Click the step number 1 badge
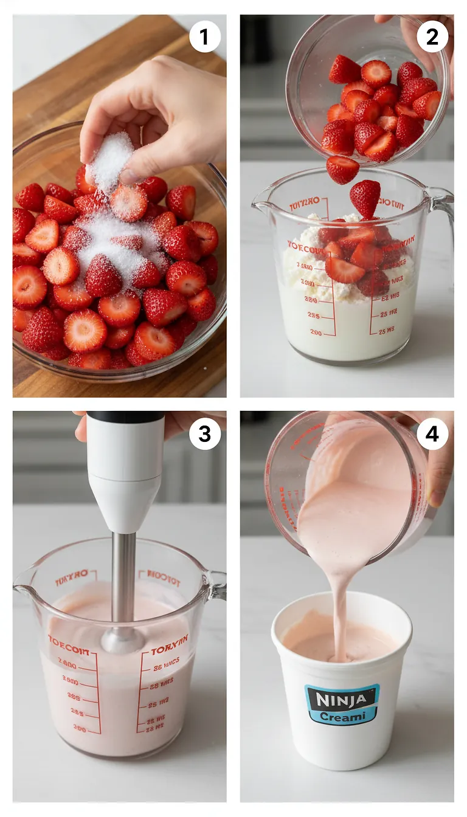(x=204, y=38)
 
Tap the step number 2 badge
(x=432, y=38)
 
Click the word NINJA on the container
(x=342, y=698)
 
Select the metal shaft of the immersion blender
(x=124, y=577)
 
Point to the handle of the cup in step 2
(x=443, y=207)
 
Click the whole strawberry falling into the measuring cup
(x=364, y=198)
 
